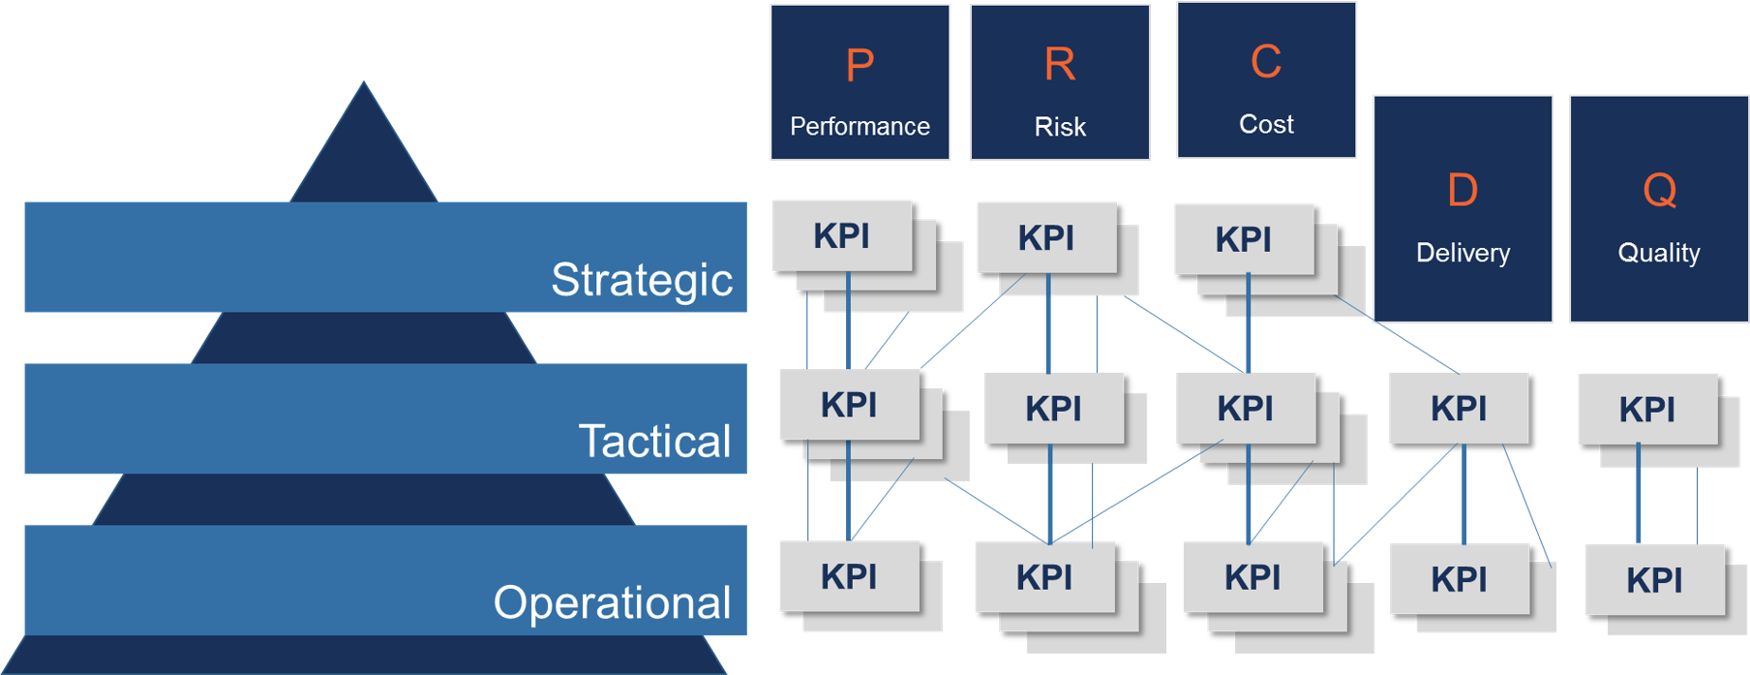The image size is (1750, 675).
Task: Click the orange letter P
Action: (860, 67)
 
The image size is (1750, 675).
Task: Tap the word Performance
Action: (860, 127)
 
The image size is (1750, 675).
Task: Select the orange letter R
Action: (1060, 66)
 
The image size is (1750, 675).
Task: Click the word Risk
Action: (1060, 127)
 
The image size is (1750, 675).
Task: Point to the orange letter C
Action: (1266, 63)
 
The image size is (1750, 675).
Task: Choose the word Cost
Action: (1266, 125)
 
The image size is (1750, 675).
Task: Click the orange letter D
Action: (1463, 191)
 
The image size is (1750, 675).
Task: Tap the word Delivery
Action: (1463, 253)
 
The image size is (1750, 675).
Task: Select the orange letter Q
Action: (1659, 191)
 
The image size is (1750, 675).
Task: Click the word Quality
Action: (1659, 253)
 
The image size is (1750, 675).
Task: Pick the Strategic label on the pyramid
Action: (641, 280)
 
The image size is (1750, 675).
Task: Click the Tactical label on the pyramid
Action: (654, 442)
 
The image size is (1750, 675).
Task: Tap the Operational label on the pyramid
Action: (612, 602)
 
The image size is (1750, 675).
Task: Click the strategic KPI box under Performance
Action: (842, 235)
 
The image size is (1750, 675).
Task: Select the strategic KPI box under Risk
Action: (1046, 237)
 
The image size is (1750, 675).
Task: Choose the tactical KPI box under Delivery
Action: (1459, 408)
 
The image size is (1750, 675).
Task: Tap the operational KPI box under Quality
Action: (1654, 580)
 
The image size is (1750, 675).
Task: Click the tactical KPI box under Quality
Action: (1646, 409)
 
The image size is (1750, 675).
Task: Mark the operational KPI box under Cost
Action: (1252, 577)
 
